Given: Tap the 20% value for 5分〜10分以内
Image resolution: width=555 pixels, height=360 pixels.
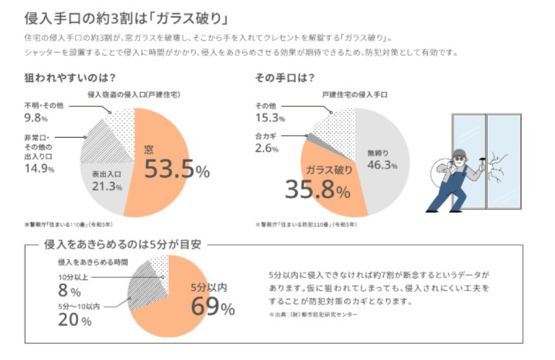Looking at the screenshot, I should [x=70, y=321].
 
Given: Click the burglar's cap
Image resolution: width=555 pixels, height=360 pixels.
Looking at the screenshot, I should [x=458, y=153].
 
